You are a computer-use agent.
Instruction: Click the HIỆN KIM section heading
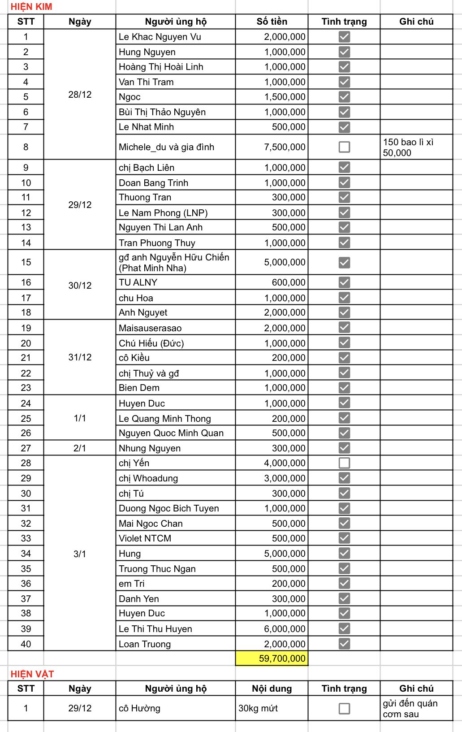pos(31,7)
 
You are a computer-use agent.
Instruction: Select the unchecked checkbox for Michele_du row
pos(344,147)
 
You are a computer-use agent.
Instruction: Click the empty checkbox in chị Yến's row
pos(344,463)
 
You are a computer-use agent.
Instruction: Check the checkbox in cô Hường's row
pos(344,709)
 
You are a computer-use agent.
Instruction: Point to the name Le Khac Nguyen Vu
pos(160,37)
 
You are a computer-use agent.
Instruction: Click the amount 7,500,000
pos(285,147)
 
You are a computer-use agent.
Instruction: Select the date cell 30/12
pos(80,286)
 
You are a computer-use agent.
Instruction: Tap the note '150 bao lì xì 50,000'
pos(408,147)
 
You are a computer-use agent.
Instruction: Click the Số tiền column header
pos(272,22)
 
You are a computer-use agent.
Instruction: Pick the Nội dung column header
pos(272,689)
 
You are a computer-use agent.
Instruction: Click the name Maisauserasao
pos(150,328)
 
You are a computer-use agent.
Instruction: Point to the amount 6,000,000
pos(285,629)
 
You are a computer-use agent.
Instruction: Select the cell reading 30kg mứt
pos(258,708)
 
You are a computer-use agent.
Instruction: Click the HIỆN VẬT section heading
pos(32,674)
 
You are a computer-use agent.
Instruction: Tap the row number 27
pos(26,448)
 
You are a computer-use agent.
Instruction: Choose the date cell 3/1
pos(80,554)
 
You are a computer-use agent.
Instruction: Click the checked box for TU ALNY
pos(344,282)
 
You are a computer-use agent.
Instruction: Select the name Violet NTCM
pos(145,538)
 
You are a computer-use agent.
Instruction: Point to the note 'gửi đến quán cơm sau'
pos(410,709)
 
